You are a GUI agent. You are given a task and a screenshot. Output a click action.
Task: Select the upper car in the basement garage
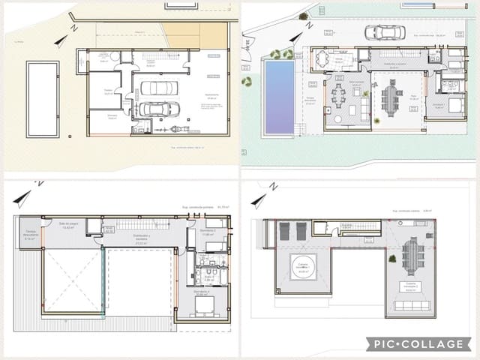click(x=159, y=87)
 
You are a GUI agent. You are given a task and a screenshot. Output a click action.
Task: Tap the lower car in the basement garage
click(x=159, y=109)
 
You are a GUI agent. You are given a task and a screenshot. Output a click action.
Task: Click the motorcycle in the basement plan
click(x=178, y=129)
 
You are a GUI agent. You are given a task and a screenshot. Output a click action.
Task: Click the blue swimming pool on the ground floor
click(x=279, y=97)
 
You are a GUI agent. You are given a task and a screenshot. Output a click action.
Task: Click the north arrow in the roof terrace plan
click(x=261, y=199)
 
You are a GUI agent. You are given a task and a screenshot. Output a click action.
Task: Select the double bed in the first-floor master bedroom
click(x=203, y=304)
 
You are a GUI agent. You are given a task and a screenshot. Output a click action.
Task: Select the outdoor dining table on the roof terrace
click(x=412, y=256)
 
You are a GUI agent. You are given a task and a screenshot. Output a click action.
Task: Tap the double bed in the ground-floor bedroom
click(x=454, y=106)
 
